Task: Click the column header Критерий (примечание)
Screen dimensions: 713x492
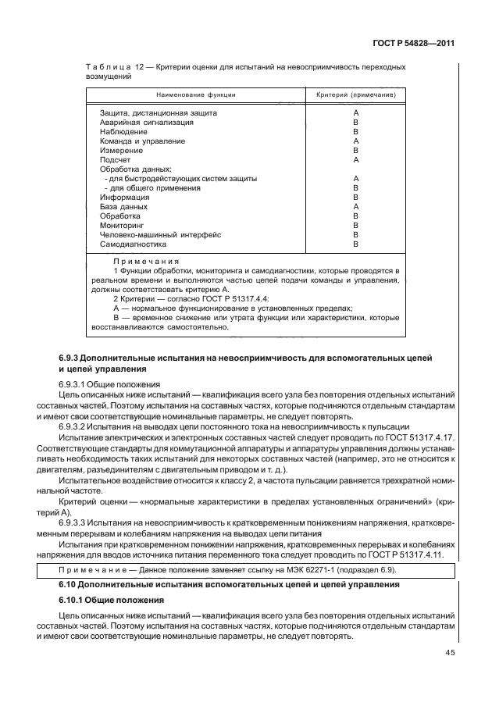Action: point(355,94)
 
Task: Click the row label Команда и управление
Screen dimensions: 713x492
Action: point(142,141)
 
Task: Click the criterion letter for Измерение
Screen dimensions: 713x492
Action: point(355,150)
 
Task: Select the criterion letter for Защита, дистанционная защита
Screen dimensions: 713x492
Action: point(355,113)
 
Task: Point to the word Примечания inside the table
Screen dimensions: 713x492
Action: point(146,262)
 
